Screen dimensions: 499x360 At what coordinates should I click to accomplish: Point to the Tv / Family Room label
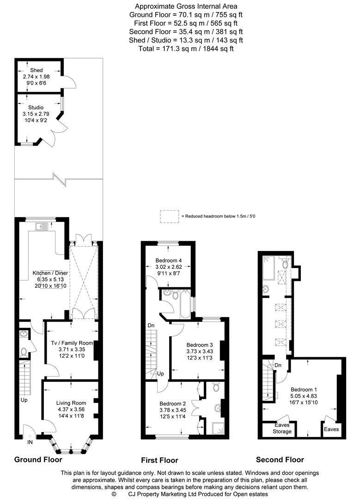(72, 343)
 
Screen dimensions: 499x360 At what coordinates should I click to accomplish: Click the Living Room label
(71, 403)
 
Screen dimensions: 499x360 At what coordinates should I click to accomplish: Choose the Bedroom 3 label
(200, 345)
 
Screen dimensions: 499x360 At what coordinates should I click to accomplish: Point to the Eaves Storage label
(282, 428)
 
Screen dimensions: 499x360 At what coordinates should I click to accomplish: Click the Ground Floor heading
(38, 459)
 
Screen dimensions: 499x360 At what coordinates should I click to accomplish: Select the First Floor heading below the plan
(159, 460)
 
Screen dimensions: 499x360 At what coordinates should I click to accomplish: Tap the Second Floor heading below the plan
(280, 459)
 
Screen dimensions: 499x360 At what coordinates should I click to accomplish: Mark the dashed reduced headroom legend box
(169, 216)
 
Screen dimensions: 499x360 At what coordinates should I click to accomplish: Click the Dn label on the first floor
(151, 326)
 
